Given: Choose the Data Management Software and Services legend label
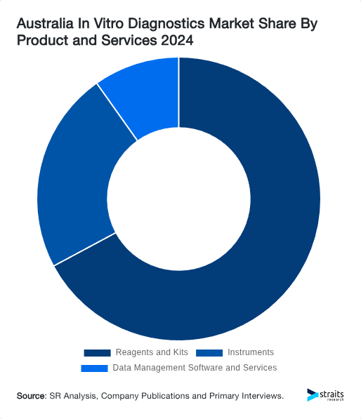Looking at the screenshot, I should tap(195, 368).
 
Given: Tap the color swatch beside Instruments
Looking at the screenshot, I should tap(209, 352).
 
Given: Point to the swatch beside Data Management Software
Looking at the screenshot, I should tap(94, 368).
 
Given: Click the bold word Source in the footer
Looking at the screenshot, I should tap(32, 397).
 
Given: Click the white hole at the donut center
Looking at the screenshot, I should tap(179, 199).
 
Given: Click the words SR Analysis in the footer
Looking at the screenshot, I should tap(74, 397).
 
